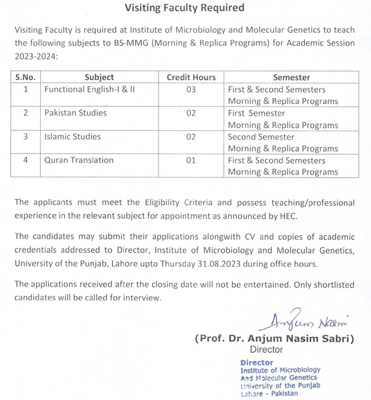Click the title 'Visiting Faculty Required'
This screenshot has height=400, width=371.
[184, 8]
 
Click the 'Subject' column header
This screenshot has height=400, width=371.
[99, 77]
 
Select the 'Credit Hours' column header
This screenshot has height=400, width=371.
[191, 77]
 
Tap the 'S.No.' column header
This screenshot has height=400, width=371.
[25, 77]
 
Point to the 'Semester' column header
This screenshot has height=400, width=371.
[291, 77]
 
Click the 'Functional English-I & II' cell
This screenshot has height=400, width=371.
[90, 90]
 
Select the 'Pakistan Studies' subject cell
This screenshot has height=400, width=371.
[75, 113]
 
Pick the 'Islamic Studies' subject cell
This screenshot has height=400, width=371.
[73, 137]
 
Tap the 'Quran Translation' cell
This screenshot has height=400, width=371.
[79, 160]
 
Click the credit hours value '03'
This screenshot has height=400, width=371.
[191, 90]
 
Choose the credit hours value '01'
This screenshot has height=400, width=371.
[191, 160]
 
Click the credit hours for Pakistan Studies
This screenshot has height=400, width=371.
[191, 113]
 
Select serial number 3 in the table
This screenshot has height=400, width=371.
[25, 137]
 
